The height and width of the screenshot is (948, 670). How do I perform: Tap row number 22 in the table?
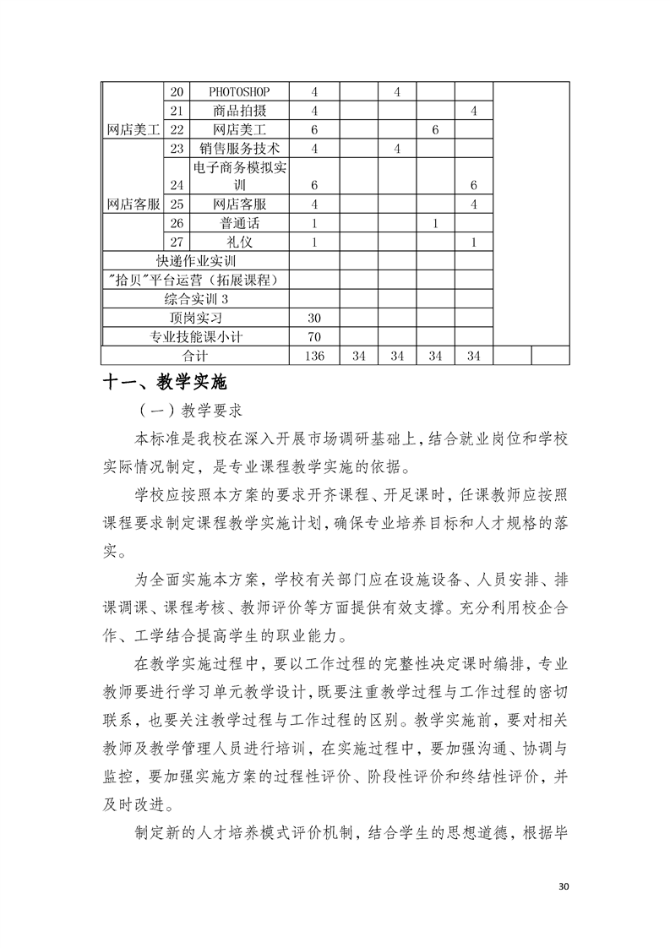tap(177, 129)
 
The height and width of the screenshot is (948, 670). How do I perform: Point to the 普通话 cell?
tap(240, 223)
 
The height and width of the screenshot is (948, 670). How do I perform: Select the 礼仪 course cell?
tap(240, 242)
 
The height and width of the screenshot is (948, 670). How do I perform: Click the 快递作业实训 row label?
tap(196, 261)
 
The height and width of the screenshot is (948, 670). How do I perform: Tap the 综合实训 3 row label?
tap(196, 299)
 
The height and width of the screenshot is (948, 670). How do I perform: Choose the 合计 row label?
tap(195, 356)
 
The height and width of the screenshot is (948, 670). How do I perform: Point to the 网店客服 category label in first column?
tap(133, 204)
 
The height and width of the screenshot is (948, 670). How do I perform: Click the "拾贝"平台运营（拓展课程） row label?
tap(196, 281)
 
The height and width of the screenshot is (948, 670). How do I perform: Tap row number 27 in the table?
tap(177, 242)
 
